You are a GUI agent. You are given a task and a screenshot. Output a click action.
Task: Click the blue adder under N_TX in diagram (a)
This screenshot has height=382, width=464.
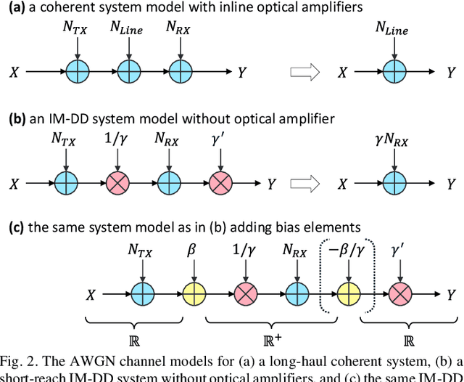coord(77,72)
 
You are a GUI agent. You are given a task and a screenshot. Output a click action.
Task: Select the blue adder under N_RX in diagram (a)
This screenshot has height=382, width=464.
coord(181,72)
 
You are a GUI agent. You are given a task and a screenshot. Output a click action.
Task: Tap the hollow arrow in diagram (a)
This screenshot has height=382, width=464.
coord(300,72)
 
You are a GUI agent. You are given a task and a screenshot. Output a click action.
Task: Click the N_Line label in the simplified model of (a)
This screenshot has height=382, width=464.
coord(391,30)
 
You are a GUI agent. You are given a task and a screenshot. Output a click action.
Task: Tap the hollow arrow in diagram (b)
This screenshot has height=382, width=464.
coord(300,184)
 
